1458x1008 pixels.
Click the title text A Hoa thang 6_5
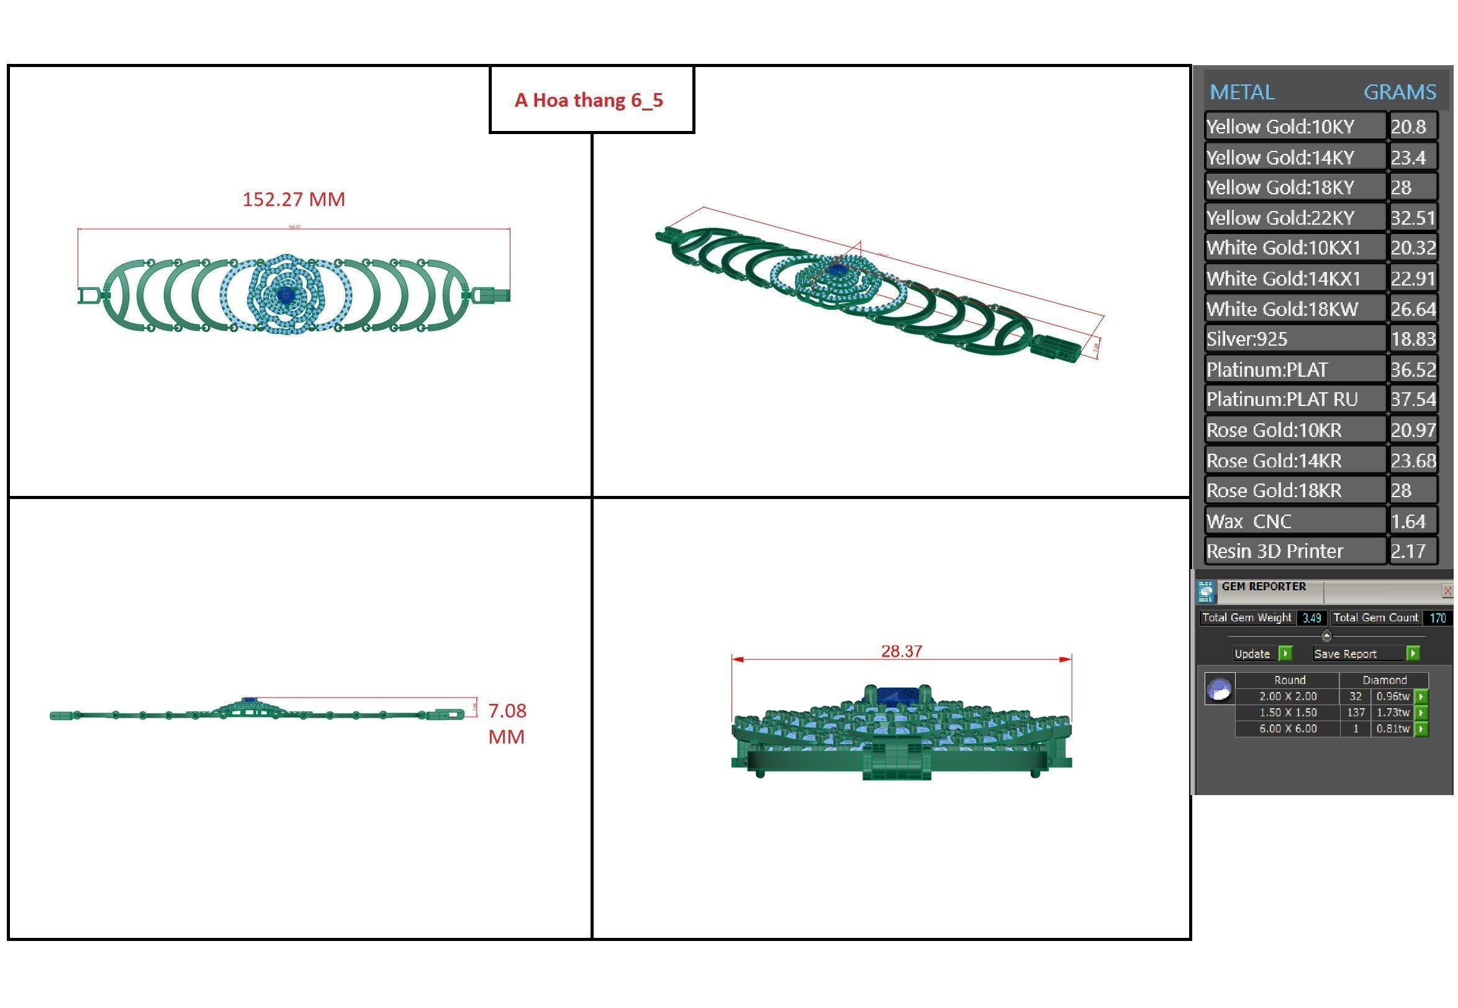point(589,100)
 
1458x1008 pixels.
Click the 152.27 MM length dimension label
point(294,200)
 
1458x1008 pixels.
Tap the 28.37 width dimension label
point(902,651)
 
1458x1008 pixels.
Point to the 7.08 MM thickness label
point(507,723)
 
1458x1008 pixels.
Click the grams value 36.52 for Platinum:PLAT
point(1413,369)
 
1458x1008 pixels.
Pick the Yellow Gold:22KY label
point(1280,218)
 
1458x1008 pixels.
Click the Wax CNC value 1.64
point(1408,521)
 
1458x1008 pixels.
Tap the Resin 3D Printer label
point(1274,551)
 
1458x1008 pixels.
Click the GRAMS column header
point(1399,92)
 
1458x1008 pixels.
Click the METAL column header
point(1241,92)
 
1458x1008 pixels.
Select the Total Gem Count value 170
point(1437,618)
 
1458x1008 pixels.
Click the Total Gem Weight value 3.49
point(1311,618)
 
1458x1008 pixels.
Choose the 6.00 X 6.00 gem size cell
point(1287,728)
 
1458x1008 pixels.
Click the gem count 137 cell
point(1355,713)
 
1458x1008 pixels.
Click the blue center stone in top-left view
point(286,294)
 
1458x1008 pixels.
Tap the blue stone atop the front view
point(896,696)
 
